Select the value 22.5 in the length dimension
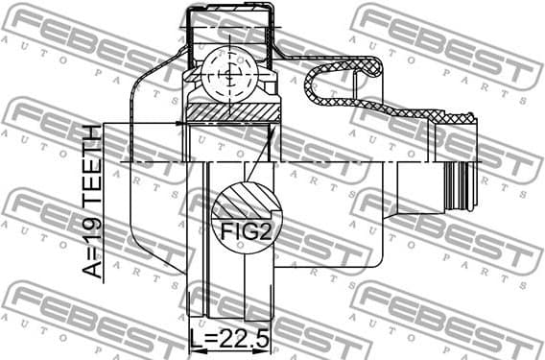click(245, 340)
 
